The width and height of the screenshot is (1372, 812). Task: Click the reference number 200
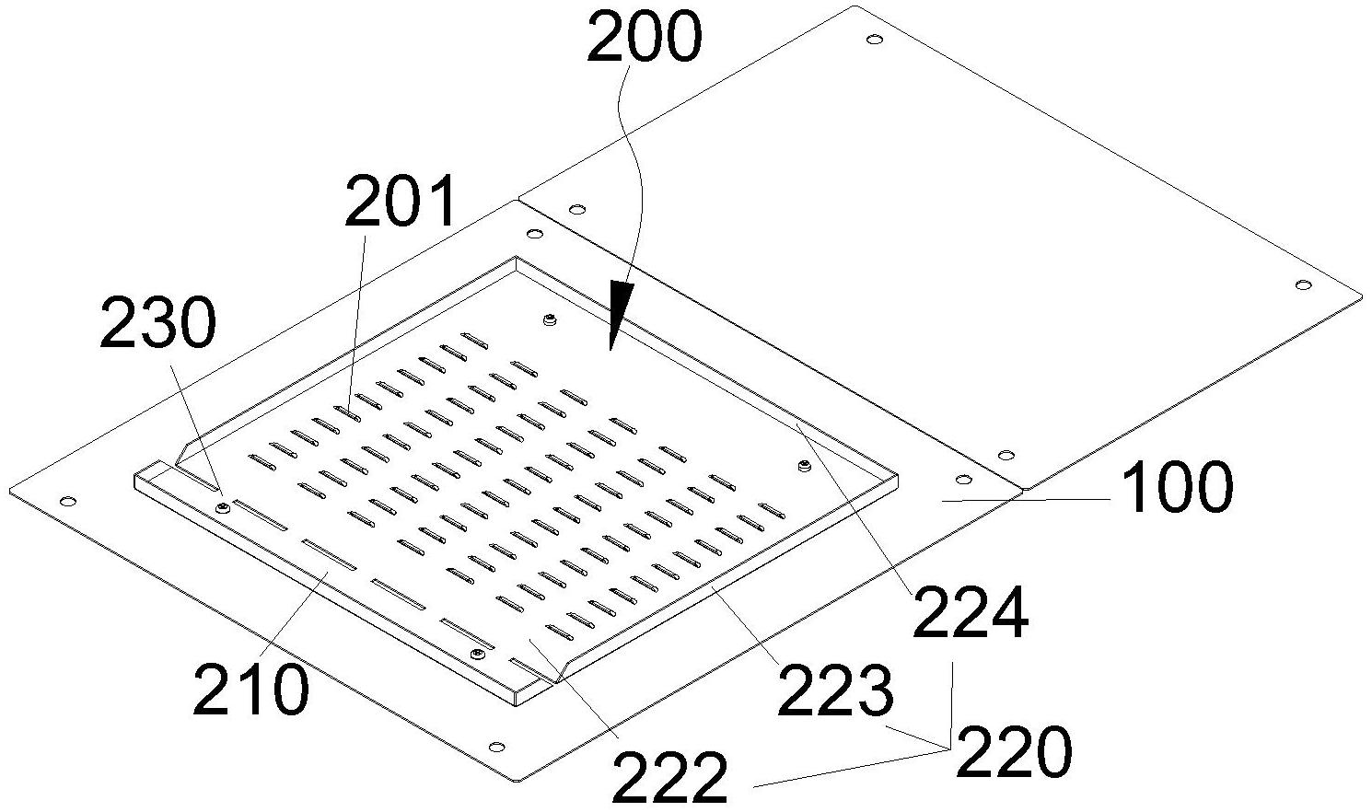[644, 40]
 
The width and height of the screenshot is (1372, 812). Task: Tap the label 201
[401, 203]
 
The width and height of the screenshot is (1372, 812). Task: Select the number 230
[157, 325]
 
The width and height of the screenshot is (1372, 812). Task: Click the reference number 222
[669, 777]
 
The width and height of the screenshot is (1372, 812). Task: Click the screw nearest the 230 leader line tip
[222, 506]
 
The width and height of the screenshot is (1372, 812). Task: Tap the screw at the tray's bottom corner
[477, 654]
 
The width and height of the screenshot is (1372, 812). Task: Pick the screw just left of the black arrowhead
[550, 319]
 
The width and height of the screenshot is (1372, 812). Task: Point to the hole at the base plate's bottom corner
[497, 746]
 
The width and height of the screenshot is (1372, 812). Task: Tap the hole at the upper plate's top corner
[874, 40]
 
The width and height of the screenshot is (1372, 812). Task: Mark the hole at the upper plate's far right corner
[1302, 285]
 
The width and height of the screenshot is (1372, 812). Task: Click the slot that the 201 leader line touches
[347, 412]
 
